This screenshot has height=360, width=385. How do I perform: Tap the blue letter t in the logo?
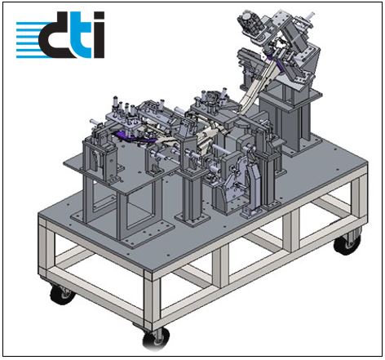(81, 38)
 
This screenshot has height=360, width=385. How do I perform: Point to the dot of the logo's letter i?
(99, 16)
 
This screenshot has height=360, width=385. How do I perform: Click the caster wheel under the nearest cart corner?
(156, 338)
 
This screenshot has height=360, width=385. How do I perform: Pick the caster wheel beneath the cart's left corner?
(61, 294)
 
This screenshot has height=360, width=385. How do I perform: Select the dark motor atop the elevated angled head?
(250, 22)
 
